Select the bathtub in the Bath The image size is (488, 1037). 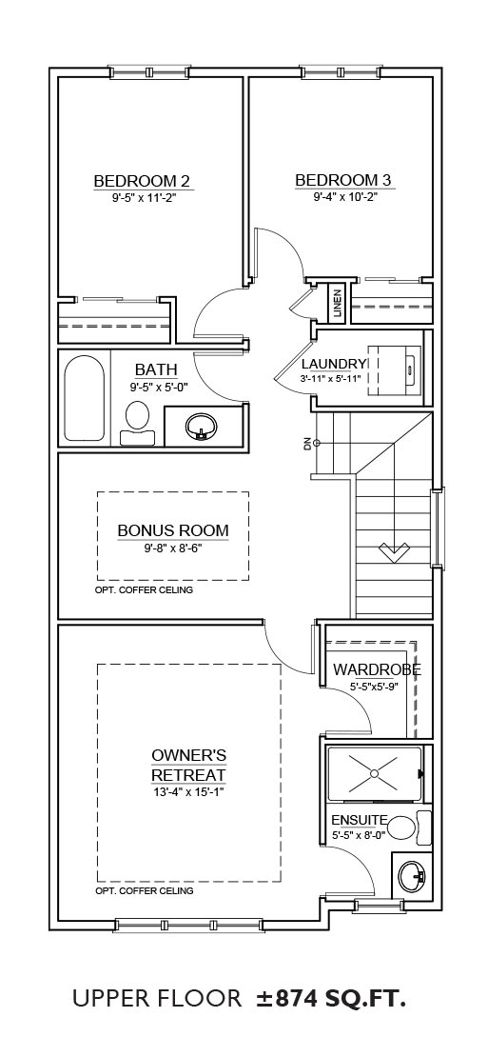(x=85, y=398)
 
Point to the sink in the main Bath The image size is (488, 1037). (x=202, y=426)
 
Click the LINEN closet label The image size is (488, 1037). (x=338, y=304)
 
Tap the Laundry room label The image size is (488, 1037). (x=334, y=364)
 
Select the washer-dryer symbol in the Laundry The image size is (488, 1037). (x=394, y=365)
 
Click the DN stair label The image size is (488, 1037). (x=307, y=444)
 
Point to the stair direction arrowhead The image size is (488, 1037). (x=394, y=550)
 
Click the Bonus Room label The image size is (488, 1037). (x=173, y=530)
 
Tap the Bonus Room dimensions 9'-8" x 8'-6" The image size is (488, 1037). (x=173, y=547)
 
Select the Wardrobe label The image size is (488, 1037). (x=377, y=669)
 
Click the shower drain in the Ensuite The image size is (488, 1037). (x=374, y=772)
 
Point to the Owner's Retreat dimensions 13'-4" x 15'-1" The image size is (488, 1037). (x=189, y=791)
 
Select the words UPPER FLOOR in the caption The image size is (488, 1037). (x=157, y=999)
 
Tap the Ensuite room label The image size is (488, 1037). (x=360, y=820)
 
